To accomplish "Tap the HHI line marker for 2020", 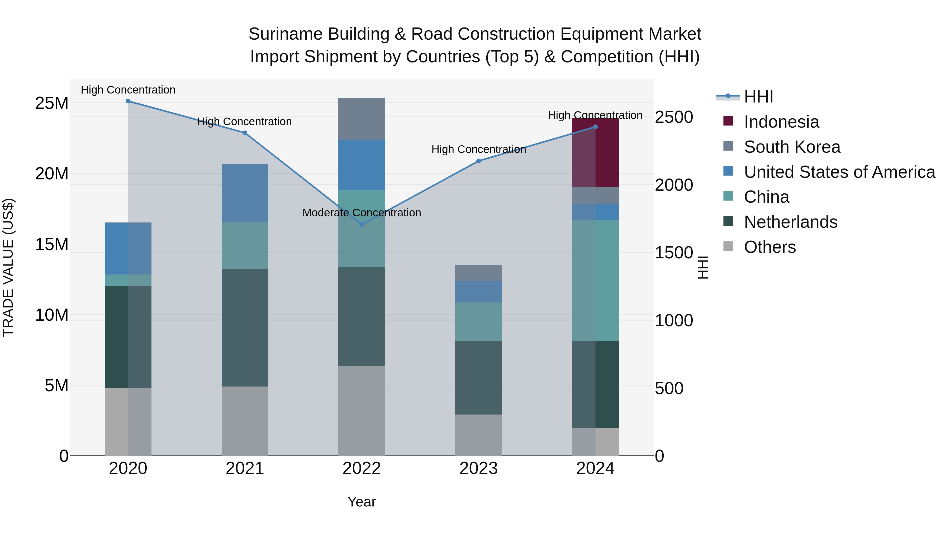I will [x=128, y=101].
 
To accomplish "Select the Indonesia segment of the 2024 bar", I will [x=595, y=153].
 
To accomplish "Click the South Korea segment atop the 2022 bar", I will [x=362, y=119].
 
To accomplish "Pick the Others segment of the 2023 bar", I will [x=478, y=435].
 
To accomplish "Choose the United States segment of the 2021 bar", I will [x=245, y=193].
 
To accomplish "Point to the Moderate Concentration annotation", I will [x=362, y=213].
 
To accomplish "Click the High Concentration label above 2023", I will [x=478, y=150].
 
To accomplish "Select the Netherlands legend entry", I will [x=790, y=222].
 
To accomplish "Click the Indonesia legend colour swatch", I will [x=728, y=121].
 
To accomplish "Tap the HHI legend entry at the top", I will [x=758, y=97].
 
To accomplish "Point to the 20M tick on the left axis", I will [x=52, y=174].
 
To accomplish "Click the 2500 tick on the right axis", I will [x=673, y=117].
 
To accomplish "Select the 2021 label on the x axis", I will [x=245, y=468].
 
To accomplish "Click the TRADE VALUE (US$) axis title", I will [x=8, y=267].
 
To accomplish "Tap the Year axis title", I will [x=362, y=502].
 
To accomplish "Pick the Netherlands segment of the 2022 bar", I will [x=362, y=317].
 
